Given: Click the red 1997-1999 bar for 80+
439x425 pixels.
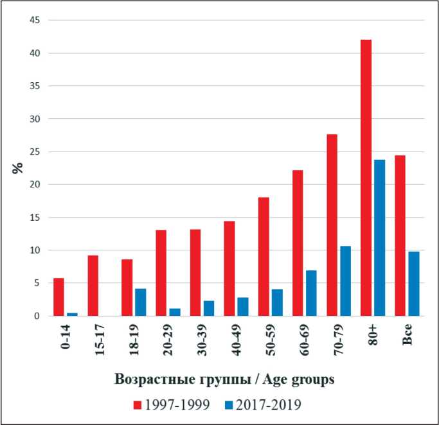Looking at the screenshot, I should (x=366, y=178).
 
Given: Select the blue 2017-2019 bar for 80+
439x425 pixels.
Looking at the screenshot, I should (x=380, y=238).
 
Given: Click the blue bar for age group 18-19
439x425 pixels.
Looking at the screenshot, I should (x=141, y=302).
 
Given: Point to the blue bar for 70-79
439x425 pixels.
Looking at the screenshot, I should (x=345, y=281).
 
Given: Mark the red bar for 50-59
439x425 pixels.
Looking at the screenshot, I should (x=264, y=256).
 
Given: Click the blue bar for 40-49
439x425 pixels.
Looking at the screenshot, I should (x=242, y=307).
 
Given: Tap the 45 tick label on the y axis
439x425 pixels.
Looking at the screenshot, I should (x=35, y=21).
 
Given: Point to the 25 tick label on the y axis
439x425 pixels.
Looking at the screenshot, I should (x=35, y=152).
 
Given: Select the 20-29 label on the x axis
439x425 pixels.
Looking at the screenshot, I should (x=168, y=336).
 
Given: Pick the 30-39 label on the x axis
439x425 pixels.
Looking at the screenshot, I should (x=202, y=336).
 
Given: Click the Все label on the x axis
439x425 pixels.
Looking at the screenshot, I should (x=407, y=335).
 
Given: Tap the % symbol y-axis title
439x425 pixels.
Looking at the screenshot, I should (x=17, y=168).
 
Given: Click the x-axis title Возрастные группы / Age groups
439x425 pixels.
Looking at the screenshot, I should (x=224, y=379).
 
